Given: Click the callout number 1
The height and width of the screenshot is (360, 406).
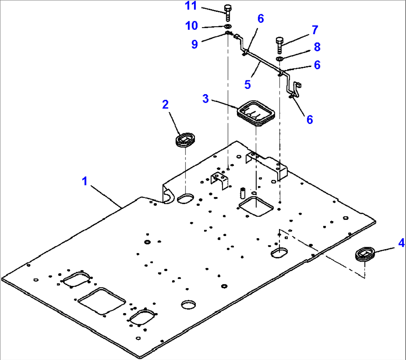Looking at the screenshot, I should [85, 182].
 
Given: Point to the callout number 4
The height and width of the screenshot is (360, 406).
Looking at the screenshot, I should [390, 243].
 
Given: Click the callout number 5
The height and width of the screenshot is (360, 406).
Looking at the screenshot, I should [248, 85].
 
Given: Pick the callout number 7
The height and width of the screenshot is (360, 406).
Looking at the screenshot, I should [315, 29].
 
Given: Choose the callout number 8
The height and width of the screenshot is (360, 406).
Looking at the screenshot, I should [317, 47].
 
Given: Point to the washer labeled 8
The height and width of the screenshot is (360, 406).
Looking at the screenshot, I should [280, 58].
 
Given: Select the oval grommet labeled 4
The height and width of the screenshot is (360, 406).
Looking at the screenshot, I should [364, 255].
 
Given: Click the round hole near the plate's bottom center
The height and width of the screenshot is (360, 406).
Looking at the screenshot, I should [188, 304].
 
